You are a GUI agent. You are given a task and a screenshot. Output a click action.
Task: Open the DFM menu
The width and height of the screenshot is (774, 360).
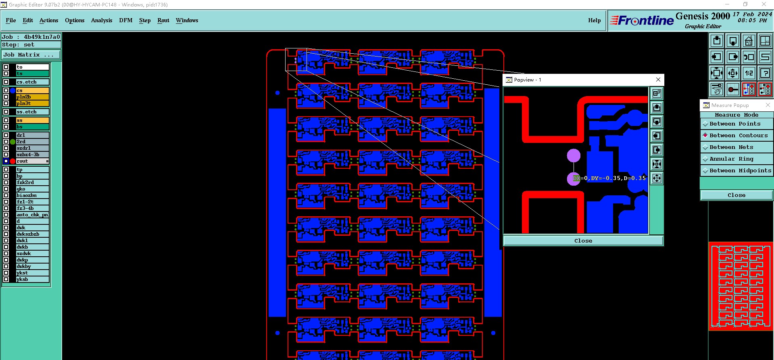tap(125, 20)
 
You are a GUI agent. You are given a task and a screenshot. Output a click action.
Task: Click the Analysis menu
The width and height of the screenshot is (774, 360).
tap(101, 20)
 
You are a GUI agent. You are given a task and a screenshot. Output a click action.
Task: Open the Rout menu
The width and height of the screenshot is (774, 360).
tap(163, 20)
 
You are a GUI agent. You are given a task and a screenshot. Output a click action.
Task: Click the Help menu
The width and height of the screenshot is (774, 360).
tap(594, 20)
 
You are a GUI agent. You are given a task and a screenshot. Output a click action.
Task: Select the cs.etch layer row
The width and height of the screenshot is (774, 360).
tap(32, 82)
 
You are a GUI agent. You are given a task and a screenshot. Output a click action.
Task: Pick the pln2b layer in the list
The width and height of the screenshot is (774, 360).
tap(32, 97)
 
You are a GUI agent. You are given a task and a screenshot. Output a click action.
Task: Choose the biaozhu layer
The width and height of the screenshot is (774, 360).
tap(32, 195)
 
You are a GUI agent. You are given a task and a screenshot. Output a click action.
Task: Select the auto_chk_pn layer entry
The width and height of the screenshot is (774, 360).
tap(32, 215)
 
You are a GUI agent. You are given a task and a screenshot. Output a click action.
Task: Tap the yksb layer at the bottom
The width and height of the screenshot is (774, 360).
tap(32, 279)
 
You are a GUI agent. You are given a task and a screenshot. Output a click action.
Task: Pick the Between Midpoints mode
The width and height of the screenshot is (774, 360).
tap(740, 171)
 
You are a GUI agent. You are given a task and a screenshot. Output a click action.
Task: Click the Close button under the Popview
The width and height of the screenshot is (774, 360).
tap(583, 241)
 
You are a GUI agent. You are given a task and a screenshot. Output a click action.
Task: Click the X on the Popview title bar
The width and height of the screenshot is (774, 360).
tap(658, 80)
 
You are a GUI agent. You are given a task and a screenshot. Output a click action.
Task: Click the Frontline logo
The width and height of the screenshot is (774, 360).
tap(642, 21)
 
